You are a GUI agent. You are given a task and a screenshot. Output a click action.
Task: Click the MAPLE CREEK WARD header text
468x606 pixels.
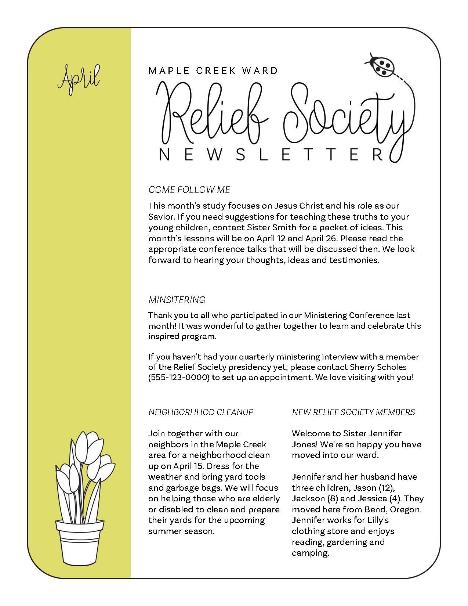pyautogui.click(x=213, y=70)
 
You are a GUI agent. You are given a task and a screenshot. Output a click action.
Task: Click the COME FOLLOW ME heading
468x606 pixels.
pyautogui.click(x=189, y=190)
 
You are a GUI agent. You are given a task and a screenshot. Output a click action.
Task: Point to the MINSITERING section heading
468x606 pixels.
pyautogui.click(x=177, y=300)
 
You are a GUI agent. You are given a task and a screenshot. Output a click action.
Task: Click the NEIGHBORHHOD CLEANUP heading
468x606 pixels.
pyautogui.click(x=201, y=412)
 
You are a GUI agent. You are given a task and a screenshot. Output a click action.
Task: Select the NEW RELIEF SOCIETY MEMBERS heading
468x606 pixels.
pyautogui.click(x=353, y=412)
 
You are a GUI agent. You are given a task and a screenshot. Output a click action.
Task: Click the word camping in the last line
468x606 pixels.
pyautogui.click(x=309, y=553)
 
